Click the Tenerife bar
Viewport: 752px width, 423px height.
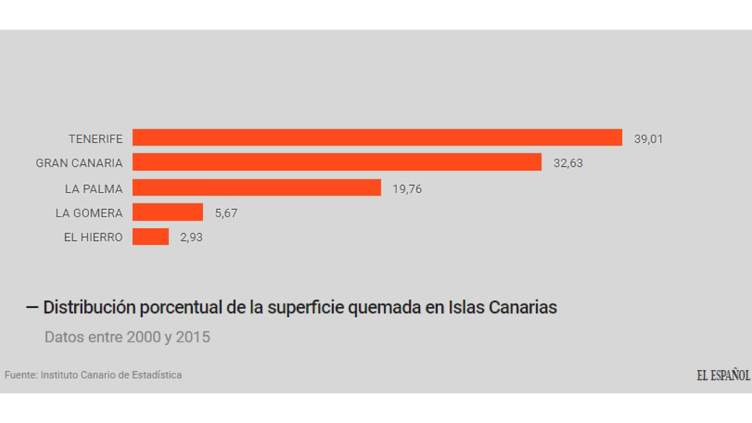pos(377,137)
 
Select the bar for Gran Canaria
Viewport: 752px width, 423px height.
pos(337,162)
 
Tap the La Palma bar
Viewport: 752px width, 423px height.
pos(257,188)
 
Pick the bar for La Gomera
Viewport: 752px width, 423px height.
pos(168,212)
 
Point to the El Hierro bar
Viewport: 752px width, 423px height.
pos(150,237)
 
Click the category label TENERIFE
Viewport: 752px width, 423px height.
pos(95,139)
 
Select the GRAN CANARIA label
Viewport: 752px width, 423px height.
pos(79,163)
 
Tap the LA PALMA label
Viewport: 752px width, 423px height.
pos(93,189)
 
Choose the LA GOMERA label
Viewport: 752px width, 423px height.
pos(89,213)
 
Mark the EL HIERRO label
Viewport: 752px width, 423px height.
pos(93,237)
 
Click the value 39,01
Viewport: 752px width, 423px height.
pos(648,139)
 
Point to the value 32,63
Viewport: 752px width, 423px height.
pos(568,163)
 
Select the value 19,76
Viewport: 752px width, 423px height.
pos(407,189)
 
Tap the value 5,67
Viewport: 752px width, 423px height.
pos(226,214)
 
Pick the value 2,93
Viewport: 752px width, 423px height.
pos(191,238)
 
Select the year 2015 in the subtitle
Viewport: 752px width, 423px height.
pos(193,337)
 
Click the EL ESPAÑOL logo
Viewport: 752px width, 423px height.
pos(723,375)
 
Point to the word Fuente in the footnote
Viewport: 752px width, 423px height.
pos(21,375)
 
